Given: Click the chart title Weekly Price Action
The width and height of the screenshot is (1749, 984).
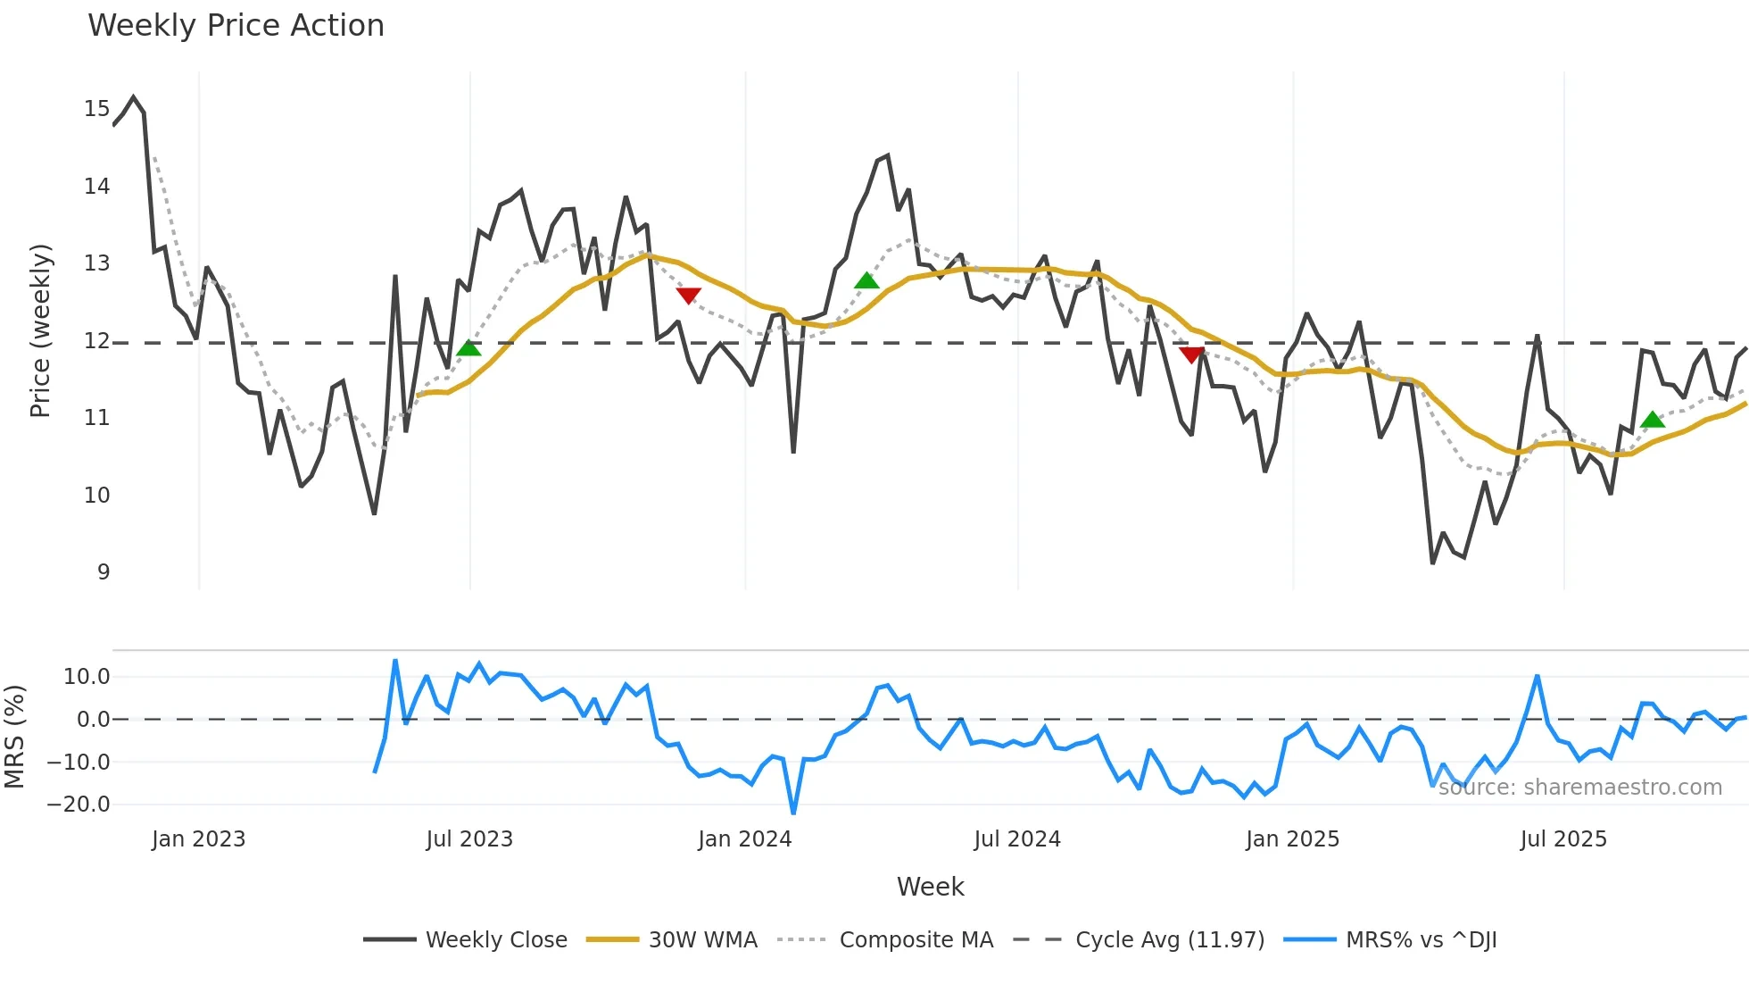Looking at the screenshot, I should point(236,26).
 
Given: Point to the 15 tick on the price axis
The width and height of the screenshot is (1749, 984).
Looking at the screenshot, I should point(96,109).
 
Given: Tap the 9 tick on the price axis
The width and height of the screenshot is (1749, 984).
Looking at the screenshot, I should point(104,572).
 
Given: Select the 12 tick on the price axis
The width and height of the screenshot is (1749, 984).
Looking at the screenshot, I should point(96,341).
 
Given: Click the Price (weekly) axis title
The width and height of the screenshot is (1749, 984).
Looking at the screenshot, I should point(40,330).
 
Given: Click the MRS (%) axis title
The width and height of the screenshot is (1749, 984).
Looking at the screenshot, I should point(14,737).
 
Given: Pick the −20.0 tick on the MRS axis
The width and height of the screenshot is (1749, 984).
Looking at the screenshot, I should point(79,805).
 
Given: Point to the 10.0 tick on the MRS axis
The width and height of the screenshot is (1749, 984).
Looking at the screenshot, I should point(87,677).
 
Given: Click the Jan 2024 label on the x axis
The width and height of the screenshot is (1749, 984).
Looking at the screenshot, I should point(744,839).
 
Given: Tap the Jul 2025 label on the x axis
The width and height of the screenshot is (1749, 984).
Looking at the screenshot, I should point(1563,839).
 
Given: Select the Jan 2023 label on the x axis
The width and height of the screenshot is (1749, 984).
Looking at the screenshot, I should point(198,839).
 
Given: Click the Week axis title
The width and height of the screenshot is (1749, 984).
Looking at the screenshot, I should point(930,887).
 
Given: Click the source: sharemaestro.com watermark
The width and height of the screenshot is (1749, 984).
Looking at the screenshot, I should point(1579,788).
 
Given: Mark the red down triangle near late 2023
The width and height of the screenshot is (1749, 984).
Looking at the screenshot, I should point(688,296).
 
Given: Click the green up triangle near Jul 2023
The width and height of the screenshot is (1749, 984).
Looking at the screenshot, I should point(468,348).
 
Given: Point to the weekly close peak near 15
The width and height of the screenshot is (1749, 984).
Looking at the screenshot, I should point(134,97).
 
